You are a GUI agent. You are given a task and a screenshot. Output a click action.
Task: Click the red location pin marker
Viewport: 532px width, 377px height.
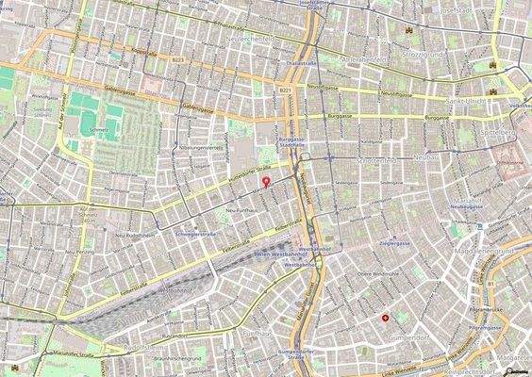(266, 180)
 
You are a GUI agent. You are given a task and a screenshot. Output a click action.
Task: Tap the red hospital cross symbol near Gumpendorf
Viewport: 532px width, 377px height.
(385, 319)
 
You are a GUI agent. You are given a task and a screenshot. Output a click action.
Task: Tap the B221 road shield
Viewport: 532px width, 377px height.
(284, 90)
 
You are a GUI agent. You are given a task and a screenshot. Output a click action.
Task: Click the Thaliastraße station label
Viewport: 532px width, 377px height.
(298, 57)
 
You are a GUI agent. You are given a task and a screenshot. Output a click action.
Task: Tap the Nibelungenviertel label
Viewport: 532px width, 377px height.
(200, 148)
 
